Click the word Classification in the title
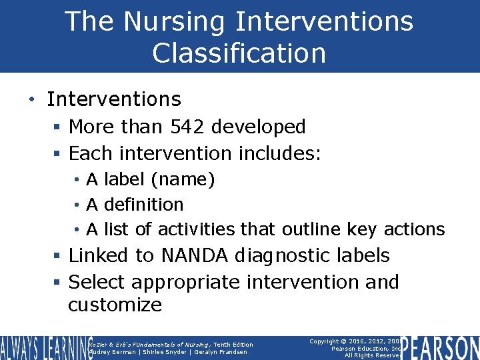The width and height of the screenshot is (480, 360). pos(239,53)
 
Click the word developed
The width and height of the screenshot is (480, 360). pos(263,127)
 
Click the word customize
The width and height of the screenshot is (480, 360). pos(115,305)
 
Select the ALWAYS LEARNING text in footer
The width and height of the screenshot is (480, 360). pos(42,348)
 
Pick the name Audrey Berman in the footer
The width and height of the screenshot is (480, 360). pos(112,352)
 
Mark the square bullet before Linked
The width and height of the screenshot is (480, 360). pos(58,256)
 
